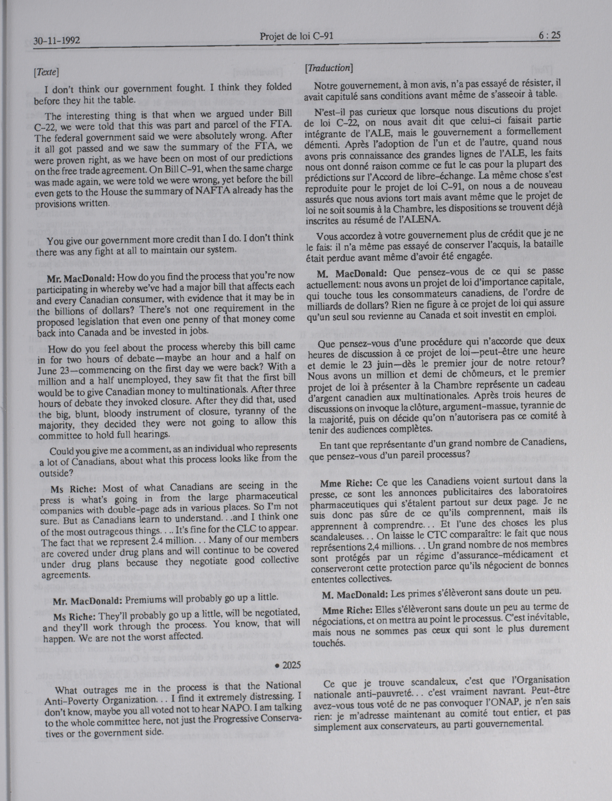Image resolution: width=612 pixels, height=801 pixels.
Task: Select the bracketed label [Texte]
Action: (x=46, y=72)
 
